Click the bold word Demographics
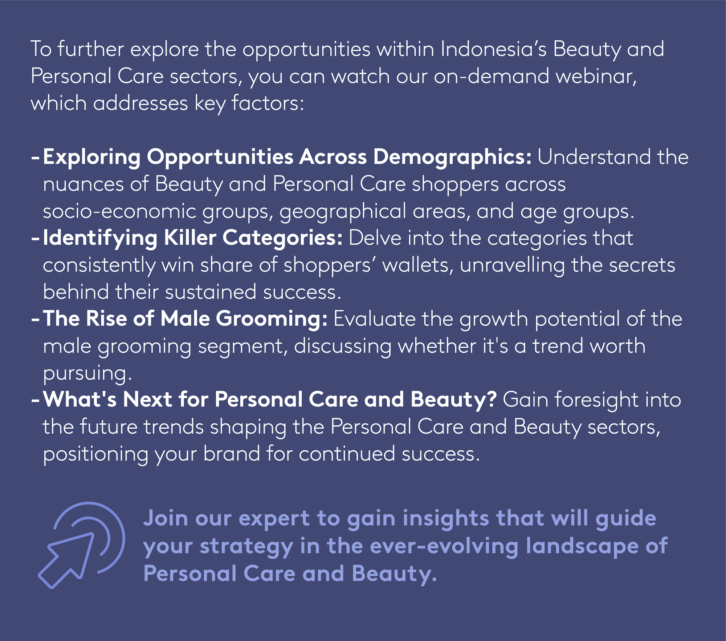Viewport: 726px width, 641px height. pyautogui.click(x=452, y=158)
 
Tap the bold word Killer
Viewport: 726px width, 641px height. pyautogui.click(x=190, y=238)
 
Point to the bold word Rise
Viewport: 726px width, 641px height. pyautogui.click(x=106, y=319)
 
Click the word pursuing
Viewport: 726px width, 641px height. pyautogui.click(x=87, y=373)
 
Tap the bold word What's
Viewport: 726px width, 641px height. pyautogui.click(x=80, y=399)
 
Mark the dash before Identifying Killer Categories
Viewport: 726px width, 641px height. pyautogui.click(x=35, y=239)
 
